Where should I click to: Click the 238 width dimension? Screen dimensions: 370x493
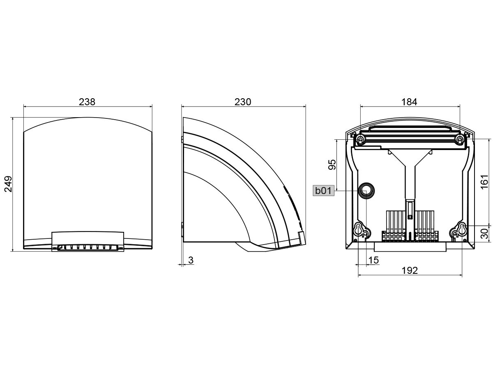(x=88, y=102)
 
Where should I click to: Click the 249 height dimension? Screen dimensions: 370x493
(x=8, y=184)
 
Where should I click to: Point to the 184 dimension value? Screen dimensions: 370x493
(x=409, y=102)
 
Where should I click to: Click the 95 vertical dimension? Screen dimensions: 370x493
(x=332, y=164)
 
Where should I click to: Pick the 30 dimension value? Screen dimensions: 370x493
(x=484, y=234)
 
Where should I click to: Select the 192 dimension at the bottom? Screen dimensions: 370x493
(x=410, y=270)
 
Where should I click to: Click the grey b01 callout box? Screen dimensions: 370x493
(x=323, y=191)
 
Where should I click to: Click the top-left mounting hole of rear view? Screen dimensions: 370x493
(x=360, y=140)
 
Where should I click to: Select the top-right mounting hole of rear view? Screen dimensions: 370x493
(x=460, y=140)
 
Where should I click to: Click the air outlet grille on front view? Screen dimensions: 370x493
(x=88, y=247)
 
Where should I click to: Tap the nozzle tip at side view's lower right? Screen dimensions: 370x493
(x=301, y=238)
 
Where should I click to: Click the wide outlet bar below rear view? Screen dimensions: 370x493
(x=410, y=247)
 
